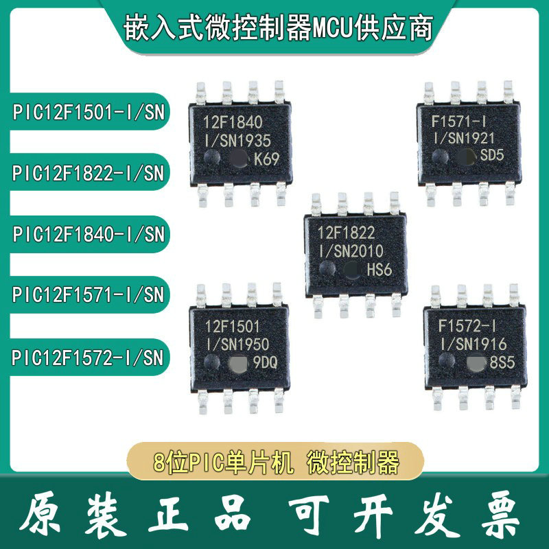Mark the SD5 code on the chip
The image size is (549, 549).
[493, 156]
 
